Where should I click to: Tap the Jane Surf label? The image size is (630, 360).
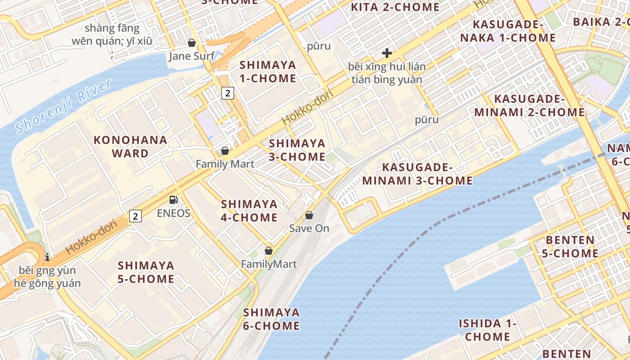(x=192, y=56)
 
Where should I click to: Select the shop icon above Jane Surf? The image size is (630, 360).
(x=192, y=43)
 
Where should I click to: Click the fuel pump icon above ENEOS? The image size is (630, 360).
(x=173, y=200)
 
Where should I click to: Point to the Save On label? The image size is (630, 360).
(x=309, y=228)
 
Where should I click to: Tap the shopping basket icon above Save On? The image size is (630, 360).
(x=309, y=215)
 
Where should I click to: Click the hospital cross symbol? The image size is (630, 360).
(x=387, y=53)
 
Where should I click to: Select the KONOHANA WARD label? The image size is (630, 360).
(x=130, y=146)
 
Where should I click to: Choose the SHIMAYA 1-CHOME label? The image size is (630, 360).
(x=268, y=72)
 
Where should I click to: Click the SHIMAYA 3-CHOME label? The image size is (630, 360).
(x=297, y=150)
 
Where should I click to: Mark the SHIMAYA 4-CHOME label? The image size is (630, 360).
(x=249, y=211)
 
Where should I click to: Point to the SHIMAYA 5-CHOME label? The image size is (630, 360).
(x=146, y=272)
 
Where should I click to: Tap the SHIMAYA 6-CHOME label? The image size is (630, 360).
(x=271, y=319)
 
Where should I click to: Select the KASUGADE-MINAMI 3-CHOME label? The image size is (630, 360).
(x=418, y=174)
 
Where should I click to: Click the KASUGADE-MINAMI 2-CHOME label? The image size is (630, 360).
(x=529, y=105)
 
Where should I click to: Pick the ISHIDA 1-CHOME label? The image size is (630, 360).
(x=487, y=329)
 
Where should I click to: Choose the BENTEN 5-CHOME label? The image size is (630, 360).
(x=570, y=246)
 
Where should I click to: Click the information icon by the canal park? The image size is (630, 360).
(x=47, y=257)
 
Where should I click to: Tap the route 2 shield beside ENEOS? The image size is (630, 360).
(x=135, y=216)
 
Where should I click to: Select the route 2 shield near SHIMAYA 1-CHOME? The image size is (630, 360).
(x=228, y=93)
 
